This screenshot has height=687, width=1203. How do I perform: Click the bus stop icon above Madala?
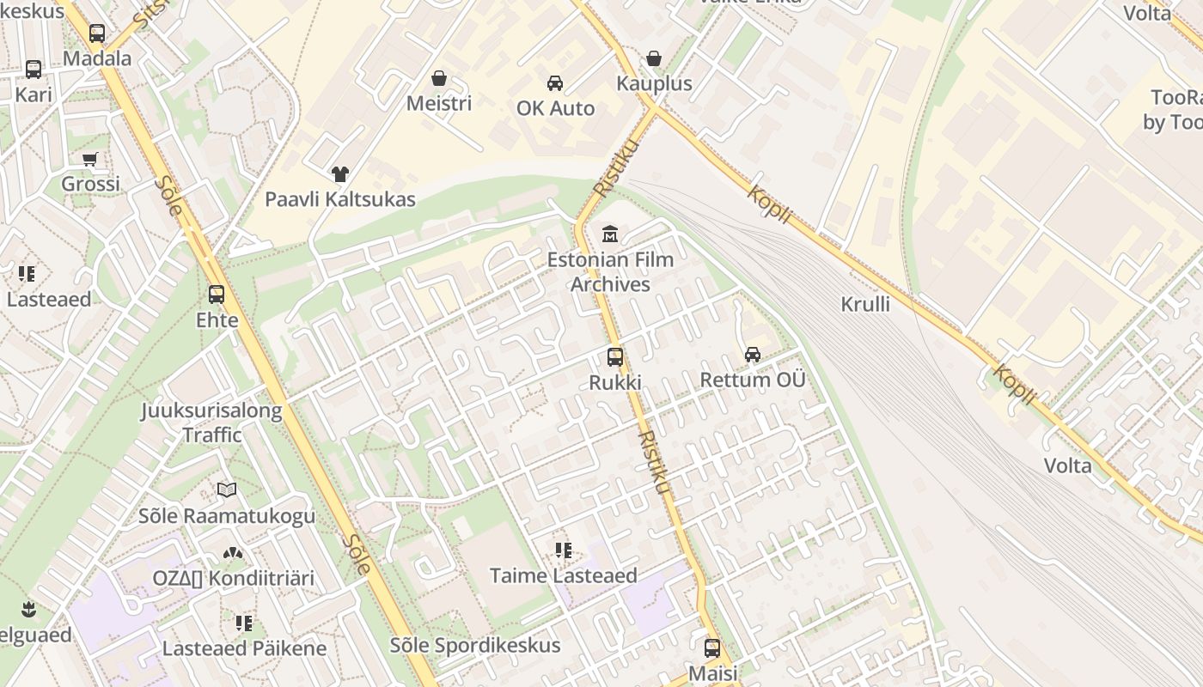pyautogui.click(x=97, y=33)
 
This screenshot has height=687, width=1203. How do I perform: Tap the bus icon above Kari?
pyautogui.click(x=34, y=70)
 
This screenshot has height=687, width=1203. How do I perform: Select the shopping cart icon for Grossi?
pyautogui.click(x=89, y=159)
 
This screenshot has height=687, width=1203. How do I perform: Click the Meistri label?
pyautogui.click(x=439, y=103)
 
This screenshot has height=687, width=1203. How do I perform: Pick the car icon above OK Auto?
pyautogui.click(x=555, y=83)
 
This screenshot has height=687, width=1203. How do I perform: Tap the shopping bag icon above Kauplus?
pyautogui.click(x=654, y=58)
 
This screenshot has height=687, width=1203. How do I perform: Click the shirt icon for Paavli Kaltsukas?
pyautogui.click(x=340, y=174)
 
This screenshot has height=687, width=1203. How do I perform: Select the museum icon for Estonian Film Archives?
pyautogui.click(x=610, y=233)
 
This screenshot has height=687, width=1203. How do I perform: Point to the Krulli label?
pyautogui.click(x=865, y=304)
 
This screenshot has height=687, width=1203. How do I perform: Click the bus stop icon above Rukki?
pyautogui.click(x=615, y=357)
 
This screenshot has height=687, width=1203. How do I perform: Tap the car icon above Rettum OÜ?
pyautogui.click(x=753, y=354)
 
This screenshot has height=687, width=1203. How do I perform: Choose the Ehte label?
pyautogui.click(x=217, y=319)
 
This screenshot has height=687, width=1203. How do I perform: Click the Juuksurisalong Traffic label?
pyautogui.click(x=211, y=423)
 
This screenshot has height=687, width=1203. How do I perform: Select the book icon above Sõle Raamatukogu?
pyautogui.click(x=227, y=490)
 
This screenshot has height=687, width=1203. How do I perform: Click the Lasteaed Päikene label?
pyautogui.click(x=244, y=647)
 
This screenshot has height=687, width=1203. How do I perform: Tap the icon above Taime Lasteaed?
pyautogui.click(x=564, y=550)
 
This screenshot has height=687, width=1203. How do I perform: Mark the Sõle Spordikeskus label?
pyautogui.click(x=475, y=645)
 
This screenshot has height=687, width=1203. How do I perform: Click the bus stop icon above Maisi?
pyautogui.click(x=712, y=648)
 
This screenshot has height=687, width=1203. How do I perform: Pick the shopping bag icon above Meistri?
pyautogui.click(x=439, y=78)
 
